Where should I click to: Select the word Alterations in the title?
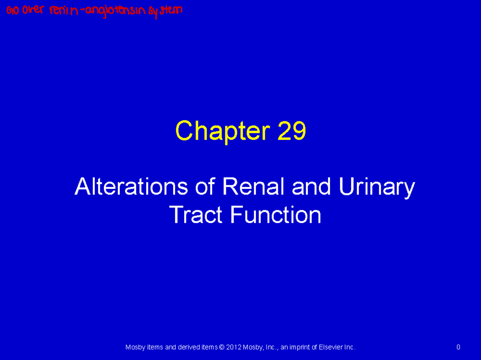[x=131, y=187]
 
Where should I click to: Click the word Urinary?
[x=376, y=187]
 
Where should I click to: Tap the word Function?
[x=275, y=215]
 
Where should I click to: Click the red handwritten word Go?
[x=13, y=11]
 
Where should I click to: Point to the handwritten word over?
[x=33, y=10]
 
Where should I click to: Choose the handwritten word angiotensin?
[x=115, y=11]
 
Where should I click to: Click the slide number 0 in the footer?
[x=458, y=347]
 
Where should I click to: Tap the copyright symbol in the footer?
[x=222, y=347]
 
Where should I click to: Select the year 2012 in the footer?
[x=234, y=347]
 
